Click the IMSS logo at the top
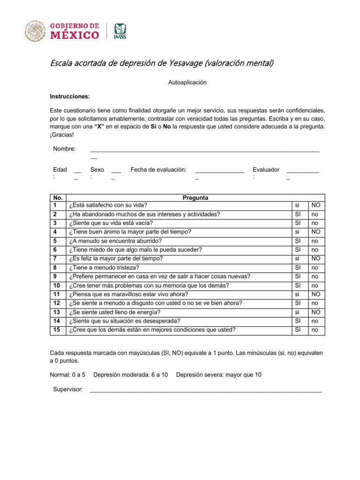120,31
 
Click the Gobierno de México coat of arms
34,31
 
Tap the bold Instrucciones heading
70,96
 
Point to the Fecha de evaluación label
158,169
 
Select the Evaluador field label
266,169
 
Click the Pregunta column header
195,198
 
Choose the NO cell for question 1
316,205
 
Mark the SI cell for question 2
298,214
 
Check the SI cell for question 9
298,276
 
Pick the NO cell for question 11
316,294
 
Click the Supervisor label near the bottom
68,390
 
